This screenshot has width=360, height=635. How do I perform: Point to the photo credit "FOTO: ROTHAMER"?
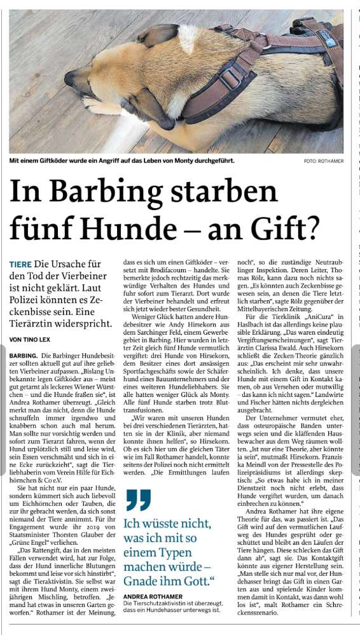tap(324, 161)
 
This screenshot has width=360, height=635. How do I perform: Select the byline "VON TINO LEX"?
tap(32, 340)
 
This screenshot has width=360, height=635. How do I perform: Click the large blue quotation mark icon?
tap(138, 500)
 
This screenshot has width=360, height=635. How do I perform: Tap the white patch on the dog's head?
tap(186, 38)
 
